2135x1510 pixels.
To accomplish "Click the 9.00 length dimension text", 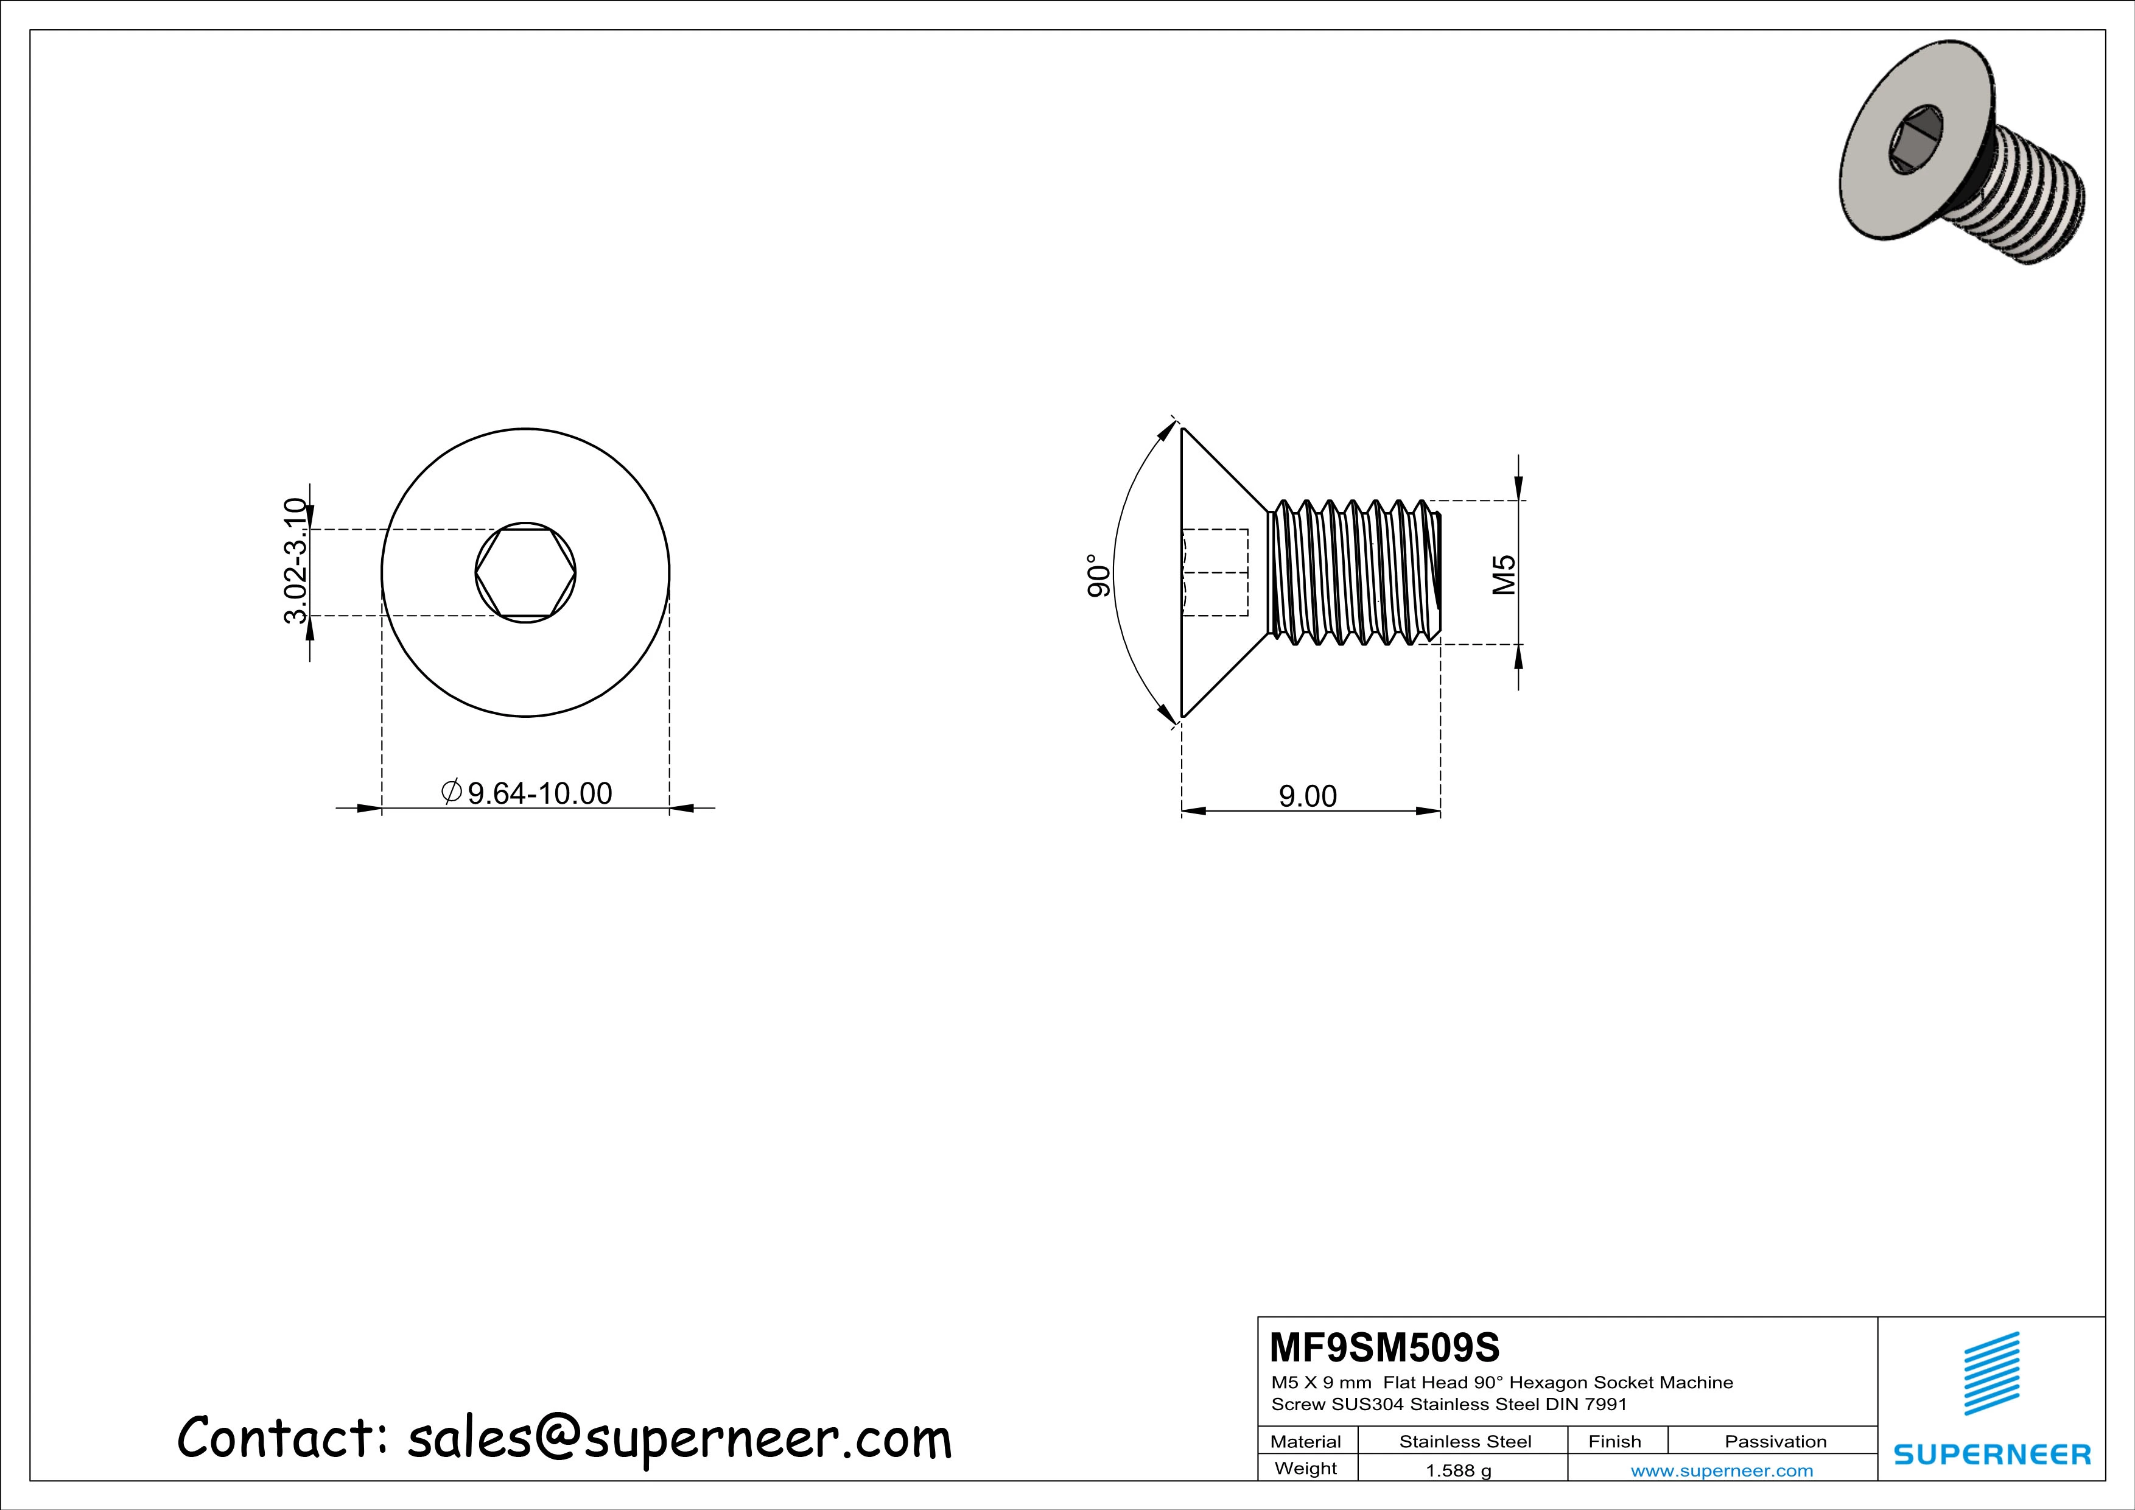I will click(1308, 796).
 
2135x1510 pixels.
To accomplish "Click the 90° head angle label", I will click(1098, 577).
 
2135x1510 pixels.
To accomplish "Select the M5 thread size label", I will click(1504, 575).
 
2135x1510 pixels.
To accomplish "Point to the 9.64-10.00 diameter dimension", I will click(539, 793).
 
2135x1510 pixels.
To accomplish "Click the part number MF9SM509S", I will click(1384, 1346).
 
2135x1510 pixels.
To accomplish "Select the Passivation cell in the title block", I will click(1775, 1441).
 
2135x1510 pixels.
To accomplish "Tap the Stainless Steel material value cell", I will click(1465, 1441).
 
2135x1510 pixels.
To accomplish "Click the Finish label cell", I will click(1614, 1441).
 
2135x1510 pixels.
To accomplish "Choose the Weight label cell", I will click(1306, 1468).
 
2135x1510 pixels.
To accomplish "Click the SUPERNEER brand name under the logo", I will click(1992, 1454).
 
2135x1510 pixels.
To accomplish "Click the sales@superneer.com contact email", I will click(680, 1438).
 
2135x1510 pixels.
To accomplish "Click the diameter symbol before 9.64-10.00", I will click(451, 792).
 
